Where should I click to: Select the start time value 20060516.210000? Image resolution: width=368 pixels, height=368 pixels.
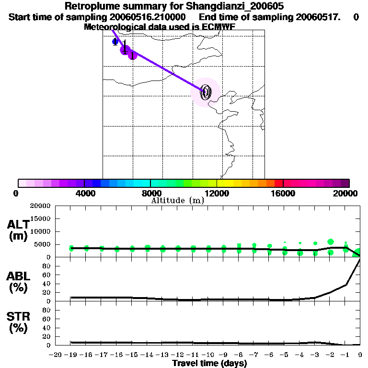(151, 17)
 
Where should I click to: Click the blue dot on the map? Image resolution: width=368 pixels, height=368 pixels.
(115, 42)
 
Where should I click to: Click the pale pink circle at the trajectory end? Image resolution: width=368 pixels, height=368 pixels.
(206, 92)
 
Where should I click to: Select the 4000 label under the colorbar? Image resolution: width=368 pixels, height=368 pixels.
(84, 193)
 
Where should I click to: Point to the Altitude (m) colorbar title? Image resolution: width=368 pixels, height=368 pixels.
(177, 200)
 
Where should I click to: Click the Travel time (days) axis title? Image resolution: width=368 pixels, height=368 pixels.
(209, 364)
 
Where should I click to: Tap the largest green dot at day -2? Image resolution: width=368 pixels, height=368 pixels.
(330, 242)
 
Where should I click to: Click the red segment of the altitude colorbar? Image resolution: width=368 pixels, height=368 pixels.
(278, 183)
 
